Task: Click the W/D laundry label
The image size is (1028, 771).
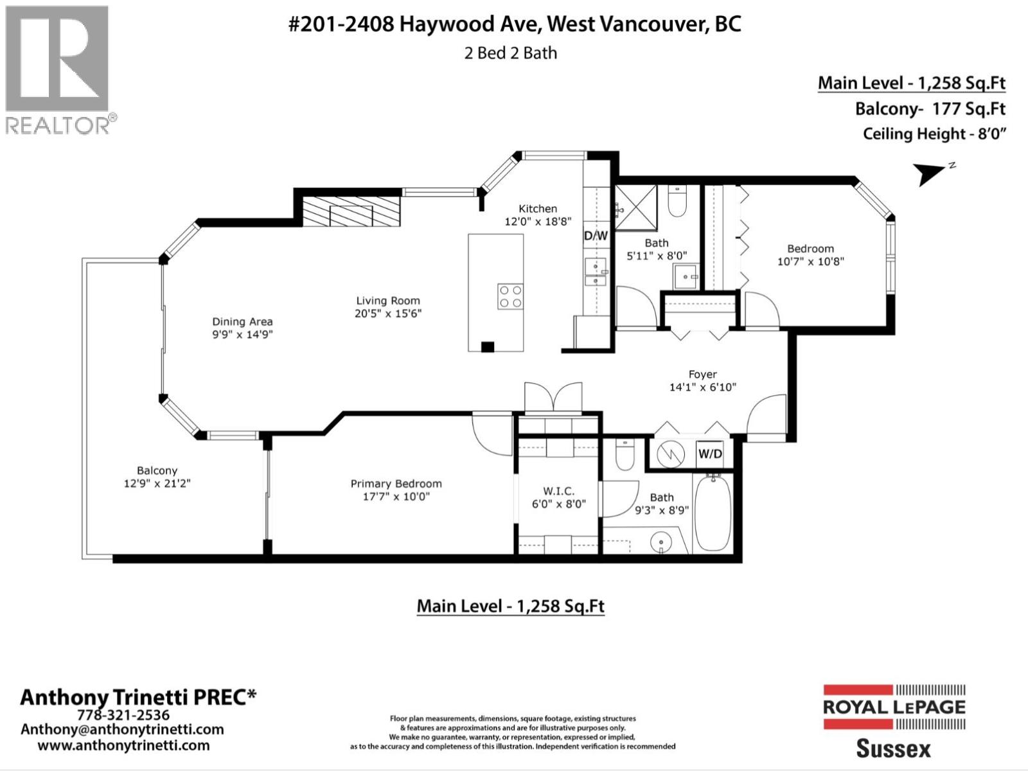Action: (x=710, y=454)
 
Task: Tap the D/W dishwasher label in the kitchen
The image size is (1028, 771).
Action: (x=595, y=236)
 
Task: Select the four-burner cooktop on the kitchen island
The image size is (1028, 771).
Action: (x=510, y=296)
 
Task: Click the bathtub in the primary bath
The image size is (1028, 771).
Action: (x=713, y=512)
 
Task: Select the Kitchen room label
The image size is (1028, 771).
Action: (x=538, y=209)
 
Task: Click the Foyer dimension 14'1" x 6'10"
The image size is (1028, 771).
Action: (x=702, y=387)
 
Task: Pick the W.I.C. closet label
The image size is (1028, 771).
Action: (x=559, y=491)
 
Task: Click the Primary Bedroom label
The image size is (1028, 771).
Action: (x=396, y=484)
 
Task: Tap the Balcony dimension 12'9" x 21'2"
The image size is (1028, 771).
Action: (x=157, y=483)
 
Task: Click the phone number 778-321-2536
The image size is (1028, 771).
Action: (x=123, y=715)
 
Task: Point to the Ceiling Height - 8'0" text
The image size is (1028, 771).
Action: (x=934, y=134)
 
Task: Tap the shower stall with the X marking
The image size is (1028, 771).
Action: (x=635, y=207)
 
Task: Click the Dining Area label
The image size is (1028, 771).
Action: (x=242, y=322)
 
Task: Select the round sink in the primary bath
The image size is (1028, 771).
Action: (x=661, y=544)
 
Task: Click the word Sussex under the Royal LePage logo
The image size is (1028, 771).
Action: (x=893, y=749)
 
